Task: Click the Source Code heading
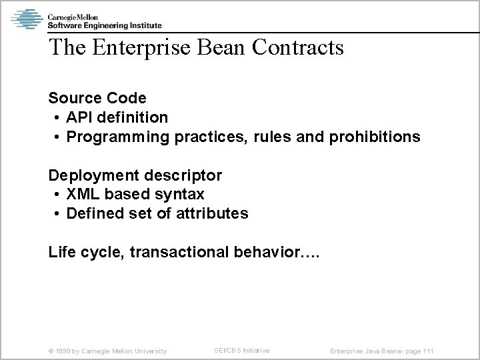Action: point(97,99)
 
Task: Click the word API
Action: point(79,118)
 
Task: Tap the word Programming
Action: point(119,137)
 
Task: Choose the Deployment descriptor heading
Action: point(135,176)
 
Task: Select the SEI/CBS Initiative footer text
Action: point(241,350)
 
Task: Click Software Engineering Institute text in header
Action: point(104,25)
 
